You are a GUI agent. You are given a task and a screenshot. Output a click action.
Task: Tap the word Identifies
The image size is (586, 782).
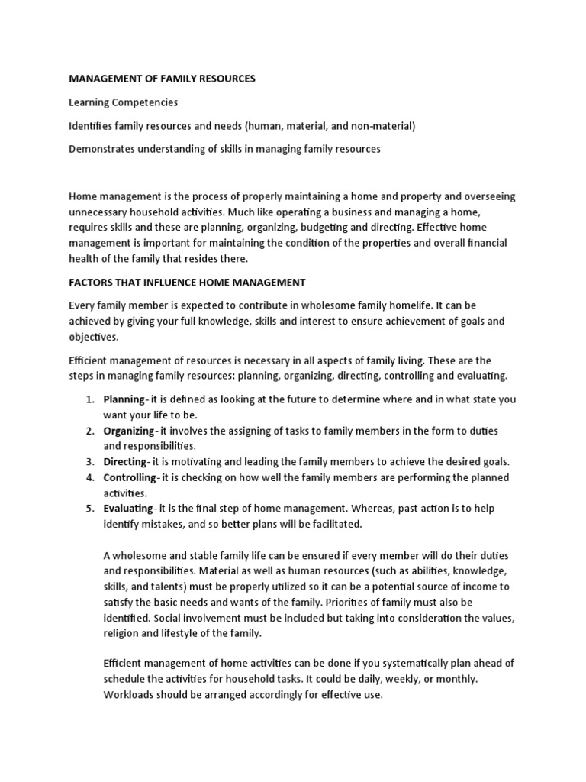[92, 126]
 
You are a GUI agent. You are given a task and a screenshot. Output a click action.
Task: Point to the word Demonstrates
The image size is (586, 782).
[101, 149]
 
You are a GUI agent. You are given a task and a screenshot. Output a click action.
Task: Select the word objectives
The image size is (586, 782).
[94, 336]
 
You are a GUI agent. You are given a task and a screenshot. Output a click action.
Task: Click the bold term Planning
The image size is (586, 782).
[124, 399]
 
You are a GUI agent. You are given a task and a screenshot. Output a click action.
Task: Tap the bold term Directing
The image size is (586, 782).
[124, 462]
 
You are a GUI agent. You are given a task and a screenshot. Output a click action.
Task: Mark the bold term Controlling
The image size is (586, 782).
[130, 477]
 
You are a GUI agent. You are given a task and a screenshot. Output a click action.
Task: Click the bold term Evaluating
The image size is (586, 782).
[127, 509]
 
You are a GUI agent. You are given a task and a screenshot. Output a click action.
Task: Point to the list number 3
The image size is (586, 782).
[89, 462]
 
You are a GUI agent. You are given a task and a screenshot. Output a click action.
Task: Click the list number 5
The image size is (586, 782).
[89, 509]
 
